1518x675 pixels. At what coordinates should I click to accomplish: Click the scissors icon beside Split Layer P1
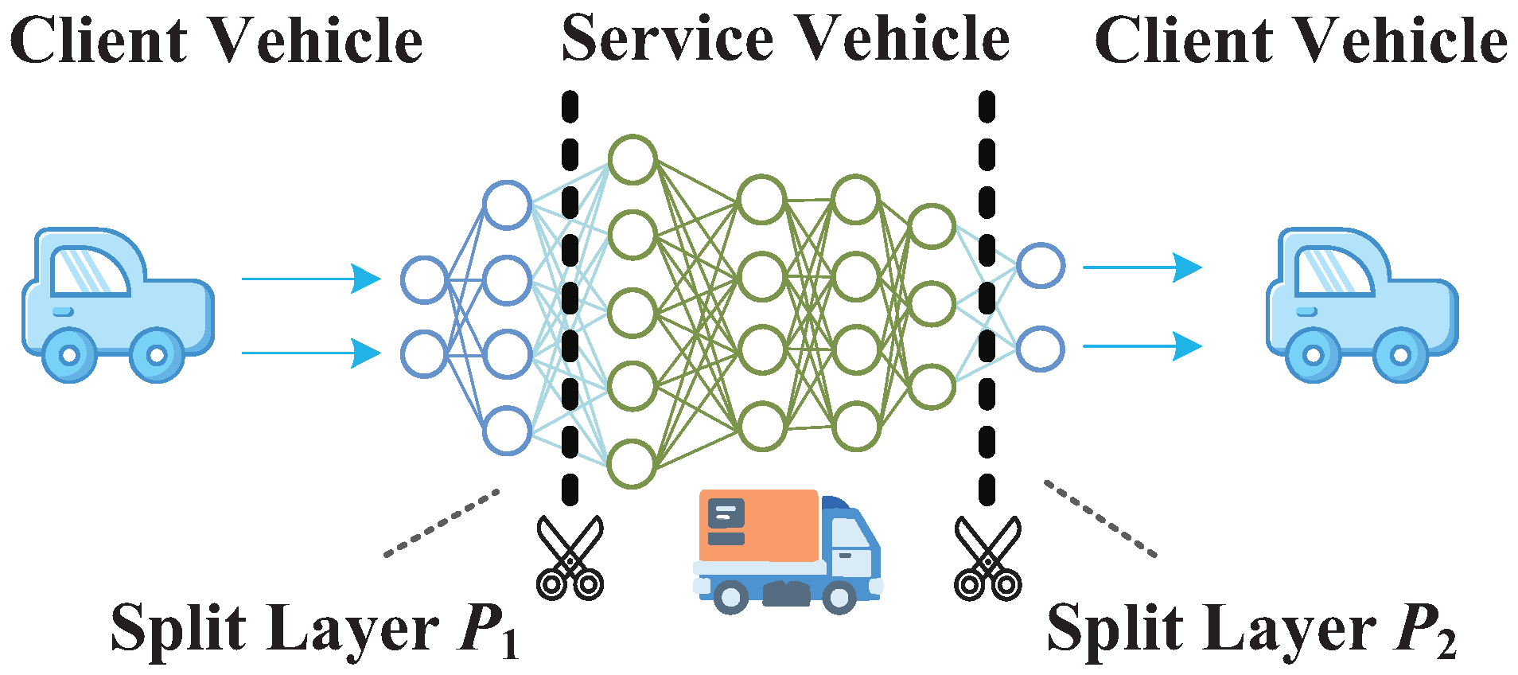click(x=570, y=557)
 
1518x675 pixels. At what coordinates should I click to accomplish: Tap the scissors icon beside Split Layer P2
click(x=987, y=557)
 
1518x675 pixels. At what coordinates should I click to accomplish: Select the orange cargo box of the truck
click(x=759, y=525)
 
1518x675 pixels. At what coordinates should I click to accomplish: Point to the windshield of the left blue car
click(x=88, y=271)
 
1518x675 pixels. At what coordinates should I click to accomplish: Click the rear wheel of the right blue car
click(x=1313, y=355)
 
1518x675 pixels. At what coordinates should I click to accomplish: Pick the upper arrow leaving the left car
click(x=311, y=279)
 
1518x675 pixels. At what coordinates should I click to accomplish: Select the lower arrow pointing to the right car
click(x=1142, y=346)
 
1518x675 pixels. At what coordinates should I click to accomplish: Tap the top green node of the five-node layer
click(x=632, y=159)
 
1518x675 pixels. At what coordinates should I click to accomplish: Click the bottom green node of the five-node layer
click(x=632, y=463)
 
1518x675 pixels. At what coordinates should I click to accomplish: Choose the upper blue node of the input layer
click(x=424, y=280)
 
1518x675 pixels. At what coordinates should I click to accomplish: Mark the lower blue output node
click(x=1040, y=349)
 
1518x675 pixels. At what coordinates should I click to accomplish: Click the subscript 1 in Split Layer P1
click(x=510, y=644)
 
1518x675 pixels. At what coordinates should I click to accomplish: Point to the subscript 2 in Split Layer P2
click(x=1446, y=644)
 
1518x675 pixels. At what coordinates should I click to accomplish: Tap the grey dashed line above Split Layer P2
click(x=1100, y=518)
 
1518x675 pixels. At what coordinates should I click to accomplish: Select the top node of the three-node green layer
click(x=932, y=227)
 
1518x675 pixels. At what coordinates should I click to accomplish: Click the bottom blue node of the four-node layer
click(x=507, y=431)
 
